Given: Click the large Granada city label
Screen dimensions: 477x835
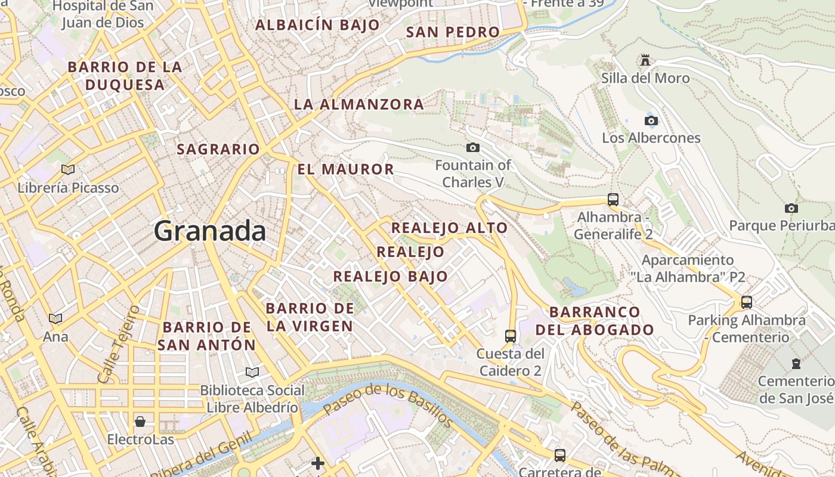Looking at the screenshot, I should [210, 231].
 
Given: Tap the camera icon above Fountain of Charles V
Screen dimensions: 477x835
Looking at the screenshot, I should [473, 147].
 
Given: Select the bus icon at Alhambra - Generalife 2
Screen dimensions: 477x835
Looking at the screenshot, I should [613, 200].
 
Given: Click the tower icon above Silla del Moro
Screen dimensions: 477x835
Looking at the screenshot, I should [645, 60].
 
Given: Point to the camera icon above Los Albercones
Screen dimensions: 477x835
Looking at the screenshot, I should [651, 120].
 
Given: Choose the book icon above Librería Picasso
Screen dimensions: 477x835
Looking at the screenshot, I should [68, 170].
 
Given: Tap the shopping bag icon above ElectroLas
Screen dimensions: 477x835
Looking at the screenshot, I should [140, 422].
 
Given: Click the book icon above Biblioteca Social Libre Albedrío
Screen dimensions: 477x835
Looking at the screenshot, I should [252, 372].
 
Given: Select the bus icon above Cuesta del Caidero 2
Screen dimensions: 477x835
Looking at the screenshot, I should [510, 336].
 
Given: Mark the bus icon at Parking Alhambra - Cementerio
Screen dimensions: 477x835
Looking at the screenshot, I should [746, 302].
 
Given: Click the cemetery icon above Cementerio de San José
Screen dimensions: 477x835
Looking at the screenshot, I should [796, 363].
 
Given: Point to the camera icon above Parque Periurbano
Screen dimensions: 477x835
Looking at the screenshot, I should [791, 208].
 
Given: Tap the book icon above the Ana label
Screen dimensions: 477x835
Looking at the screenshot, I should [55, 319].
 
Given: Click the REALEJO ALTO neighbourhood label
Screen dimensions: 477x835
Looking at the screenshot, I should [449, 228].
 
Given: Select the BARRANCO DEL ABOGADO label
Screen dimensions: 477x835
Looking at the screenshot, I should [594, 321].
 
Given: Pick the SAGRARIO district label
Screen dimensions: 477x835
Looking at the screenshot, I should [218, 149].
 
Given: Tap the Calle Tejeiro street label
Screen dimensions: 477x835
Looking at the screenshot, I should [118, 344].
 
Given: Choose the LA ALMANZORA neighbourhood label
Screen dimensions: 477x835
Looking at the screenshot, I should [358, 104].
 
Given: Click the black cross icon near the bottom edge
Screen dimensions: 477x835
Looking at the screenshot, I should [318, 463].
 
